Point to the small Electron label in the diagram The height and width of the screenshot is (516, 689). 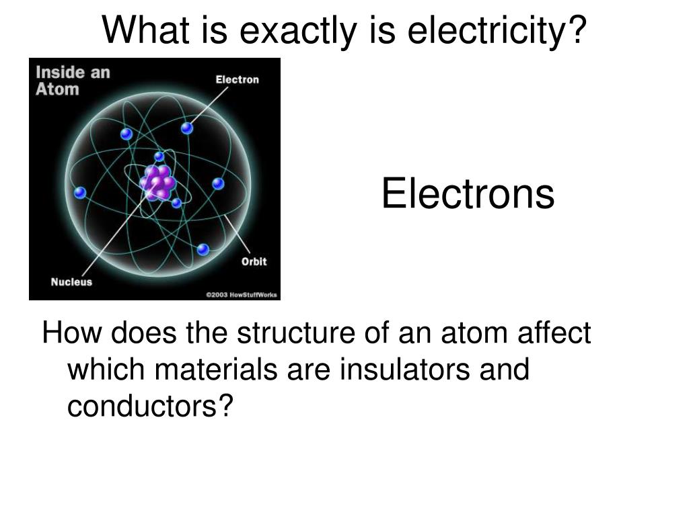pos(237,80)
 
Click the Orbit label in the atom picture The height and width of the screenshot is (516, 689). pos(254,261)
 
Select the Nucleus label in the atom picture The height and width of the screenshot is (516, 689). pos(71,282)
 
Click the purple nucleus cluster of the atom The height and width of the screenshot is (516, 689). pos(158,181)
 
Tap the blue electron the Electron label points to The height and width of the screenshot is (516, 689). pos(187,128)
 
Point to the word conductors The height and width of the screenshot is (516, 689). pos(143,405)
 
